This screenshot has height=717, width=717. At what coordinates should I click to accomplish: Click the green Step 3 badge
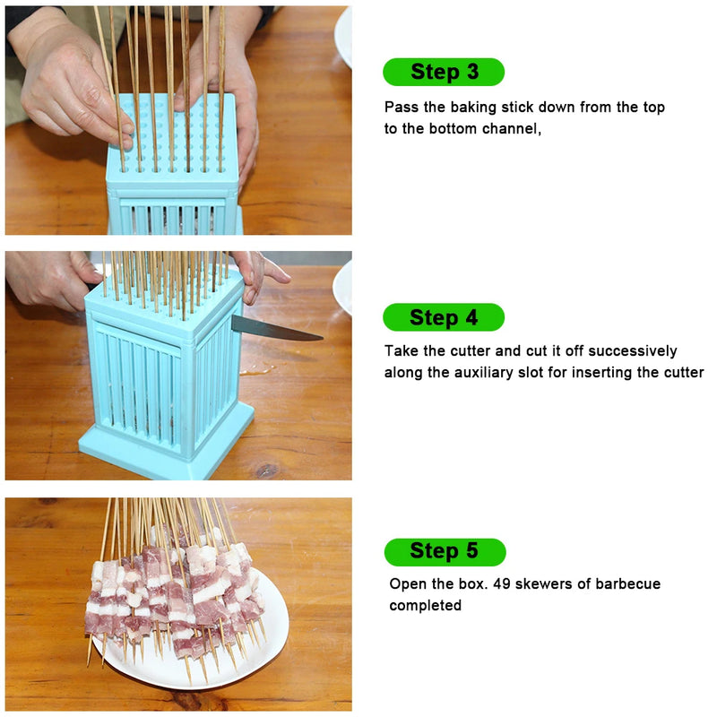[x=444, y=72]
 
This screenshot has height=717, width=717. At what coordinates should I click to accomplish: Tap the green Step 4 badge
[x=444, y=317]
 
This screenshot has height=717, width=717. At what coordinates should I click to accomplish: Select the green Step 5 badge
[x=445, y=551]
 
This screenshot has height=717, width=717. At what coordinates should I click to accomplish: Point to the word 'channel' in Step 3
[x=511, y=129]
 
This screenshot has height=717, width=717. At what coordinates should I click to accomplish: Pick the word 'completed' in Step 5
[x=425, y=606]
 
